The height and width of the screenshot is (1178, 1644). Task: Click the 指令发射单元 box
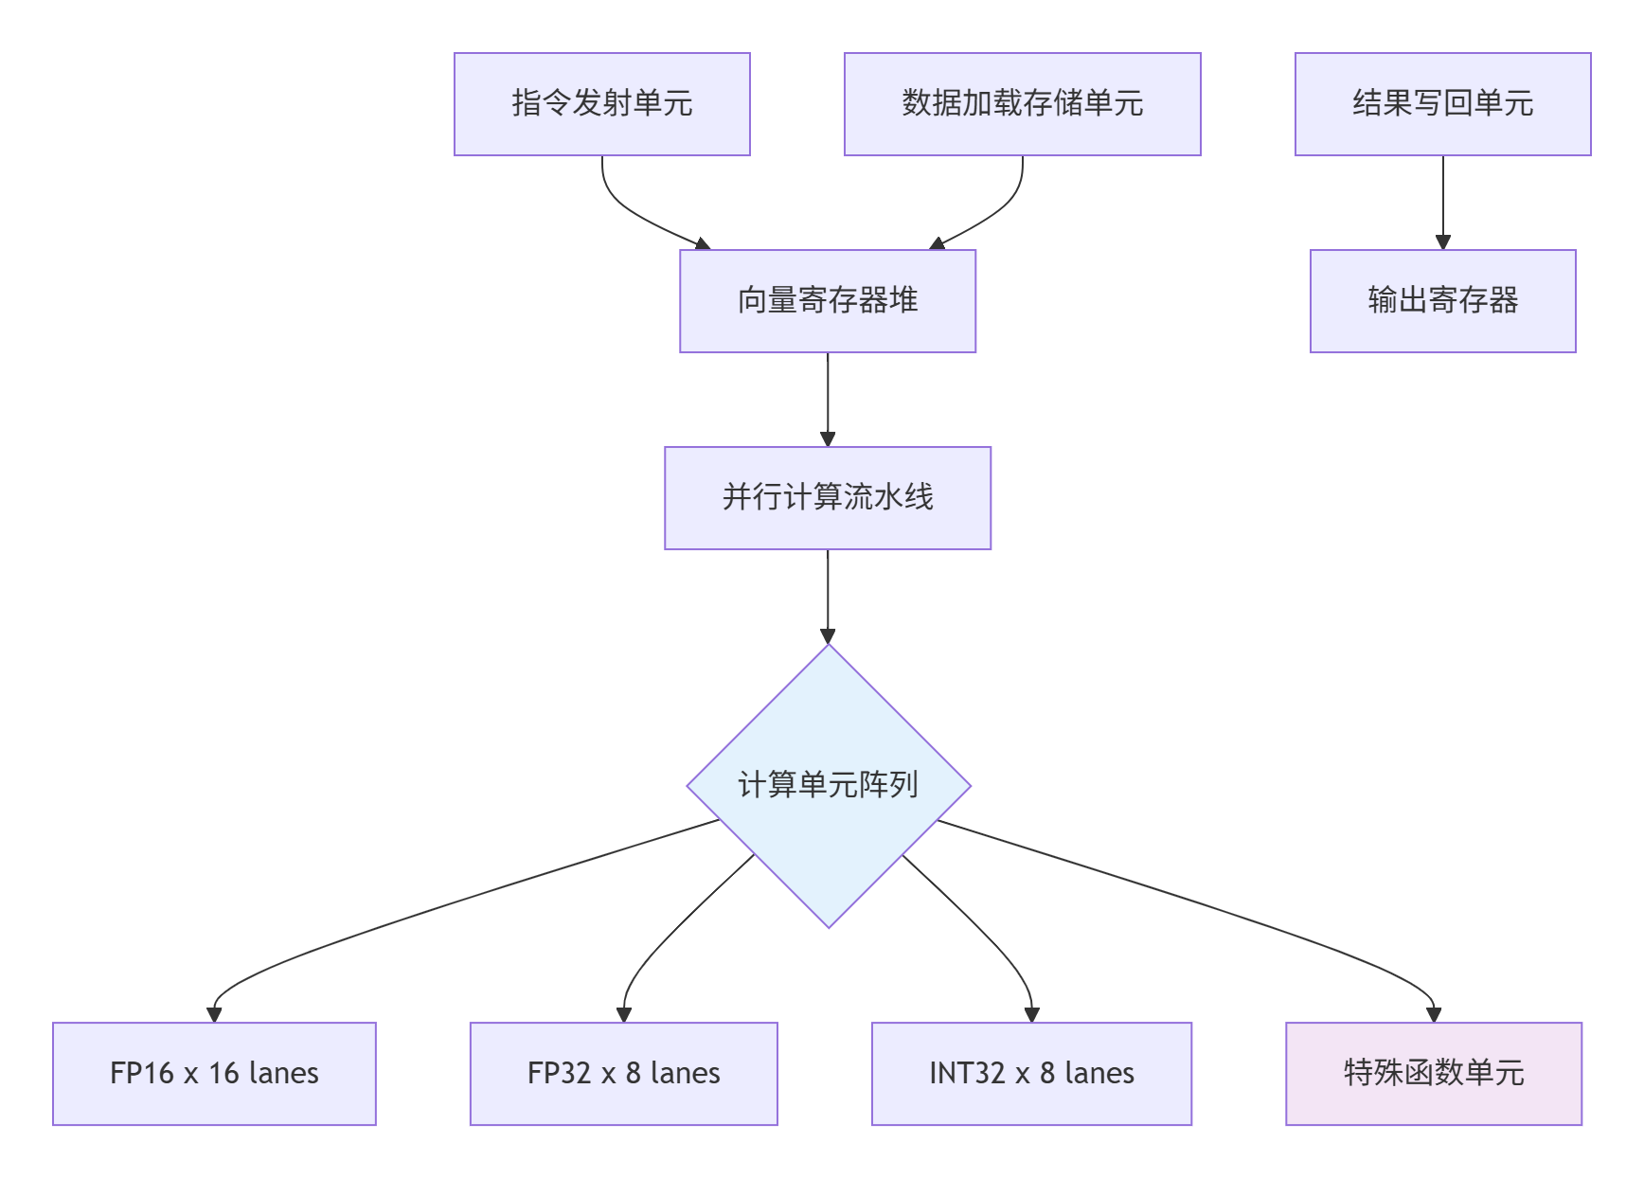pos(601,104)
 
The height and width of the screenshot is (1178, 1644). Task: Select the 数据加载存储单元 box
pos(1022,104)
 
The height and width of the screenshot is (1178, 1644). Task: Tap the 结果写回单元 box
pos(1442,104)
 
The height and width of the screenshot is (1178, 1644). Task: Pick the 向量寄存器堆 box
pos(827,301)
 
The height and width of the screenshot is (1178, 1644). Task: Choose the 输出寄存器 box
pos(1442,301)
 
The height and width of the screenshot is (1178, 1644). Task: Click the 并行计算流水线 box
pos(827,498)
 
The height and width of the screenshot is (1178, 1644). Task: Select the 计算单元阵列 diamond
pos(828,786)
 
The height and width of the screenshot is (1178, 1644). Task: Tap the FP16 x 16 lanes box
pos(214,1074)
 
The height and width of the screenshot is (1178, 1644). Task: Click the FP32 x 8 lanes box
pos(623,1074)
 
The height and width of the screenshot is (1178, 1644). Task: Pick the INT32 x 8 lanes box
pos(1031,1074)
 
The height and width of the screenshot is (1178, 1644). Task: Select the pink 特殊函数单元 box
pos(1433,1074)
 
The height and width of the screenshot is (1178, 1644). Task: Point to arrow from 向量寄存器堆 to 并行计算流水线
pos(828,399)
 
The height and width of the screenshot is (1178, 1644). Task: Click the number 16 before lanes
pos(223,1074)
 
